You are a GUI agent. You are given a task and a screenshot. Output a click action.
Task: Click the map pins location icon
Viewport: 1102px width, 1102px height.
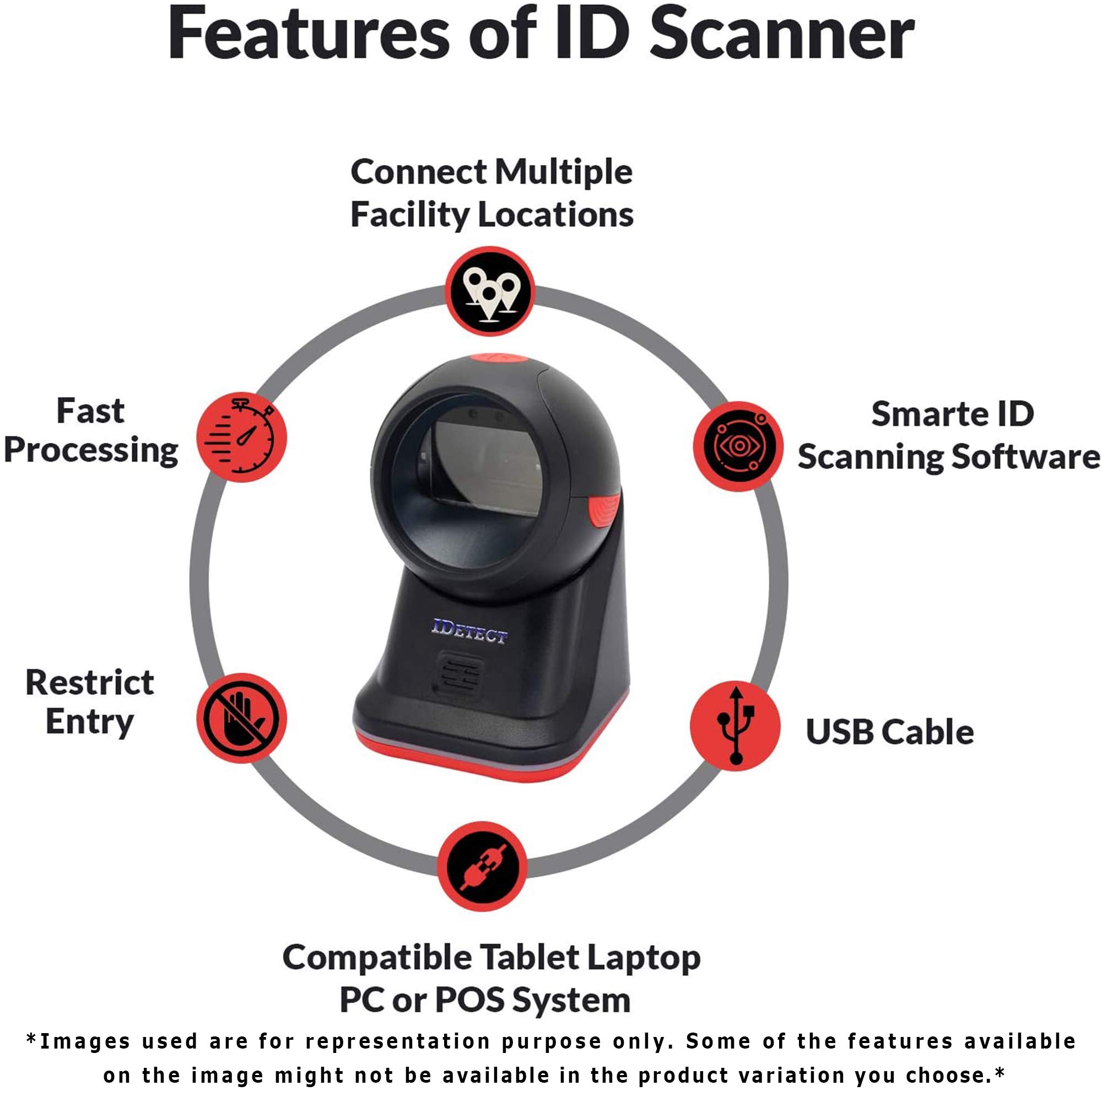coord(489,291)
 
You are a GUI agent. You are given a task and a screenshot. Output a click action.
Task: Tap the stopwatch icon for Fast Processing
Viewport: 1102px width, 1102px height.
coord(241,437)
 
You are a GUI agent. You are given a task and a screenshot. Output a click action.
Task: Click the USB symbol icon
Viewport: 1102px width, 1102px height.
coord(735,726)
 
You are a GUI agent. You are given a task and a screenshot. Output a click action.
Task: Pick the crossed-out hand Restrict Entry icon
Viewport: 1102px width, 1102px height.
coord(241,717)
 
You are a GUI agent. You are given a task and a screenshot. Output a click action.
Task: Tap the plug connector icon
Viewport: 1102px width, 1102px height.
coord(482,866)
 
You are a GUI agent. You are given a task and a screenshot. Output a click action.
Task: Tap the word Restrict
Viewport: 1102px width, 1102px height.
coord(90,682)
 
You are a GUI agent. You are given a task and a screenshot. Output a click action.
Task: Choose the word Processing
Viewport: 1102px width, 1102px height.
coord(91,451)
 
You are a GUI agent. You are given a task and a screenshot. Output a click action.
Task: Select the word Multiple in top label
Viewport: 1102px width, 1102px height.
coord(563,172)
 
